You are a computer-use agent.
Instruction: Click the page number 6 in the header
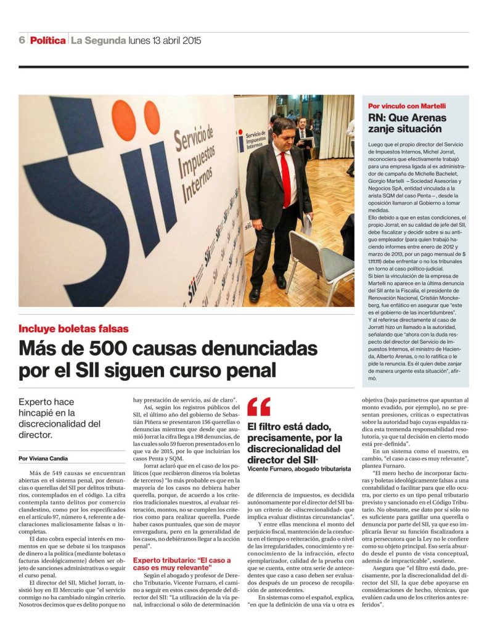point(22,41)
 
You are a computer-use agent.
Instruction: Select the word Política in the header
point(47,41)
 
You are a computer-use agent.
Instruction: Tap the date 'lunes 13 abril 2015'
point(165,41)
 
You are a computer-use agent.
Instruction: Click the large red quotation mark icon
point(259,407)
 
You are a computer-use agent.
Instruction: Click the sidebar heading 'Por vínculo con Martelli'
point(406,106)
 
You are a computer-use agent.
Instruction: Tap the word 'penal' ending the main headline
point(250,372)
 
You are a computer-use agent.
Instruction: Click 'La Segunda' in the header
point(98,41)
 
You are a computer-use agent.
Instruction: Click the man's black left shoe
point(255,295)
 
